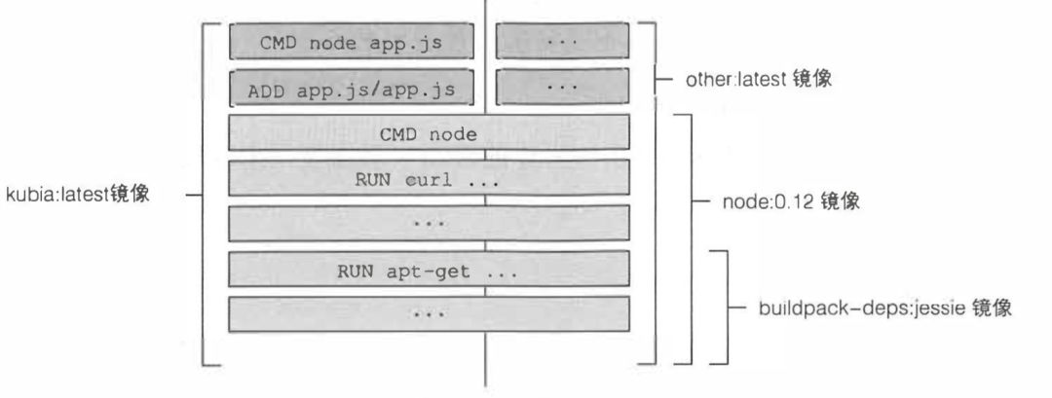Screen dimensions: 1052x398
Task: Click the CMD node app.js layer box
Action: [352, 42]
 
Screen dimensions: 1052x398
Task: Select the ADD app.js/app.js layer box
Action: [352, 88]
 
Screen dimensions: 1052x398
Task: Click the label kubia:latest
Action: [78, 195]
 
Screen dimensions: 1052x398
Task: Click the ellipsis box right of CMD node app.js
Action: [563, 42]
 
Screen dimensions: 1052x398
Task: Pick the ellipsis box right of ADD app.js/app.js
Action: [563, 87]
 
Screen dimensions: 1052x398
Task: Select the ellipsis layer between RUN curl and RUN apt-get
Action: [429, 223]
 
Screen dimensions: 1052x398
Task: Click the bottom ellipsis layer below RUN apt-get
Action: [429, 314]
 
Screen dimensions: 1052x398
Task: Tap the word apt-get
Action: [428, 272]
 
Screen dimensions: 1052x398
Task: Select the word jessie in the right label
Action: [933, 308]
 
